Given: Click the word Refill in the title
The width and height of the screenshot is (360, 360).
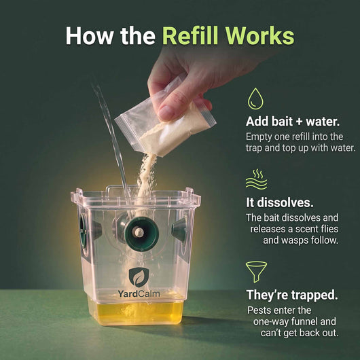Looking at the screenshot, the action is click(190, 36).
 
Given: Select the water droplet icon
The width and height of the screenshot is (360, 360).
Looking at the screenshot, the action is click(255, 98).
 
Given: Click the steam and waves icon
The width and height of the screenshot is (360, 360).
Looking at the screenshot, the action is click(257, 179).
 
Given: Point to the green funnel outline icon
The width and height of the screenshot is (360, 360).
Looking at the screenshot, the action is click(256, 272).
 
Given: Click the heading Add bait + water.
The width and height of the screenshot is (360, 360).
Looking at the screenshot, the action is click(293, 122).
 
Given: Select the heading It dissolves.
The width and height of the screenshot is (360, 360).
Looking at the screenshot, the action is click(280, 202).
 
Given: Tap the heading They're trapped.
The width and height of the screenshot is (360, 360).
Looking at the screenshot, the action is click(292, 295).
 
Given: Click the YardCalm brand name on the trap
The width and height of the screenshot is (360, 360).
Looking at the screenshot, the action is click(139, 293).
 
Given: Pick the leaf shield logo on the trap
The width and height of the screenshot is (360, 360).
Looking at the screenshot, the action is click(139, 277).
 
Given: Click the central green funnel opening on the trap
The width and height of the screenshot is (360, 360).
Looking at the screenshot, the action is click(142, 234).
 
